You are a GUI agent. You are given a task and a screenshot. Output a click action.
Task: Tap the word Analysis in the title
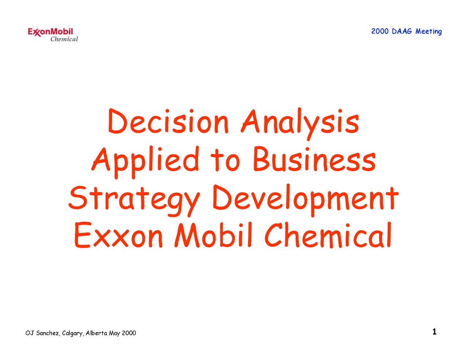(300, 122)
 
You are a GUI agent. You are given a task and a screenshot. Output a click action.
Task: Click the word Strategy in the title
(134, 199)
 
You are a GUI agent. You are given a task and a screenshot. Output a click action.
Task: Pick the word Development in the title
(305, 199)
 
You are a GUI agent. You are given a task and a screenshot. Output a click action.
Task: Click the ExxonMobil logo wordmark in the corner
(51, 32)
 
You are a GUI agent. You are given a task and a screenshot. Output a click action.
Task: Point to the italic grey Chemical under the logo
(64, 39)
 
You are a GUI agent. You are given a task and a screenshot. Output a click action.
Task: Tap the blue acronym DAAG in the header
(402, 31)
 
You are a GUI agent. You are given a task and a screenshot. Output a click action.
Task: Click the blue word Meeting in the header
(429, 32)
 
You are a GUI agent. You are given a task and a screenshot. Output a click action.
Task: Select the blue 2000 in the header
(380, 31)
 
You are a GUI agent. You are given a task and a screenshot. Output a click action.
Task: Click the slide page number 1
(434, 332)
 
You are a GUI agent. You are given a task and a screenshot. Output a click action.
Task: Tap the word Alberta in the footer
(96, 333)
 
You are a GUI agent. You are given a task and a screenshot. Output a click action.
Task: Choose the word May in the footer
(114, 333)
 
